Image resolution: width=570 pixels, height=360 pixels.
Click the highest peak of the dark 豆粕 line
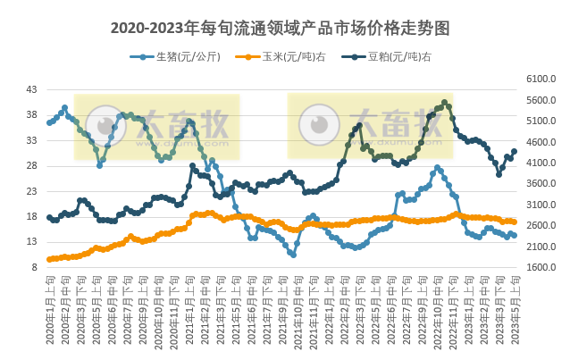tap(445, 102)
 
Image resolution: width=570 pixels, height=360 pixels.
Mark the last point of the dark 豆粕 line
tap(514, 151)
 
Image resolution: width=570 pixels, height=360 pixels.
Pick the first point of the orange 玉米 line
tap(49, 260)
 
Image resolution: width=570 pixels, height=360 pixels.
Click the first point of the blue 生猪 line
tap(49, 122)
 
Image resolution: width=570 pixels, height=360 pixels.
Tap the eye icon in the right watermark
tap(318, 125)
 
